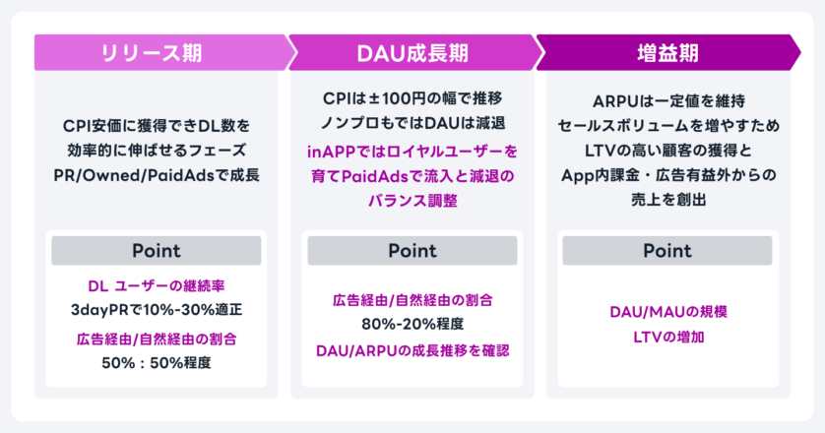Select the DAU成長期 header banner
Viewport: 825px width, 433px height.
coord(413,52)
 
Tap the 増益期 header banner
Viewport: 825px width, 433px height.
coord(668,52)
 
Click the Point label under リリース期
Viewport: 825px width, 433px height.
coord(157,250)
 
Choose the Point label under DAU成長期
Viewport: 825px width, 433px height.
coord(412,250)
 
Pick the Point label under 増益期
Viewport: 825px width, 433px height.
coord(667,250)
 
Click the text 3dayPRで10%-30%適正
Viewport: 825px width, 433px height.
coord(157,310)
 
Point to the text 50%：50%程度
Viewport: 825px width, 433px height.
coord(157,363)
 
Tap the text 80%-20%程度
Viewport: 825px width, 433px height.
coord(412,324)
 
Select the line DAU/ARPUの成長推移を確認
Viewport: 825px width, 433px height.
coord(412,351)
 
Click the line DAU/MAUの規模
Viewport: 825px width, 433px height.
coord(668,312)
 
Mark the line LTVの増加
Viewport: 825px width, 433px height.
coord(668,337)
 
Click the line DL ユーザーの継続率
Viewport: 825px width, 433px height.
coord(157,285)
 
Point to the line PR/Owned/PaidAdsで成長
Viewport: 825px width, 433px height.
coord(157,175)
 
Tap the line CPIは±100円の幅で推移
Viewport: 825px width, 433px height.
coord(412,98)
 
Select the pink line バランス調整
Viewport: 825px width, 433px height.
coord(412,201)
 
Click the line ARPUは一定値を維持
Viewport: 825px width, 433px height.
coord(668,101)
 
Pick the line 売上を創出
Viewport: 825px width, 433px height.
coord(668,200)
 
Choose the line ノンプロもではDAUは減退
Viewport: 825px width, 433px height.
coord(412,123)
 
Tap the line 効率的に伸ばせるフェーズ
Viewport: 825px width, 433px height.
coord(157,151)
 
